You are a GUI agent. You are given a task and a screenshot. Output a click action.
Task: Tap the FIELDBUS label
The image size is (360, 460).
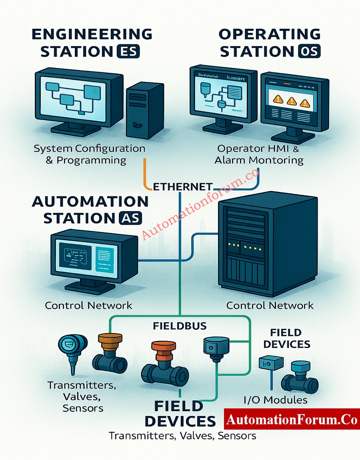click(x=180, y=326)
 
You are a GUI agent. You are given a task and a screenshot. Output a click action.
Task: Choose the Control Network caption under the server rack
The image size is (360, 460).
click(x=270, y=306)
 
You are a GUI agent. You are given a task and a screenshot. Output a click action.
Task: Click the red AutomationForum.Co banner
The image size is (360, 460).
click(x=292, y=420)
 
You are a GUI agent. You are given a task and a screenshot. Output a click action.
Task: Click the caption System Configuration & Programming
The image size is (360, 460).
click(x=89, y=154)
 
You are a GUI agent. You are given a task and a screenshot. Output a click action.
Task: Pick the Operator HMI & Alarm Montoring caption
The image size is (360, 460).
click(x=259, y=154)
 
